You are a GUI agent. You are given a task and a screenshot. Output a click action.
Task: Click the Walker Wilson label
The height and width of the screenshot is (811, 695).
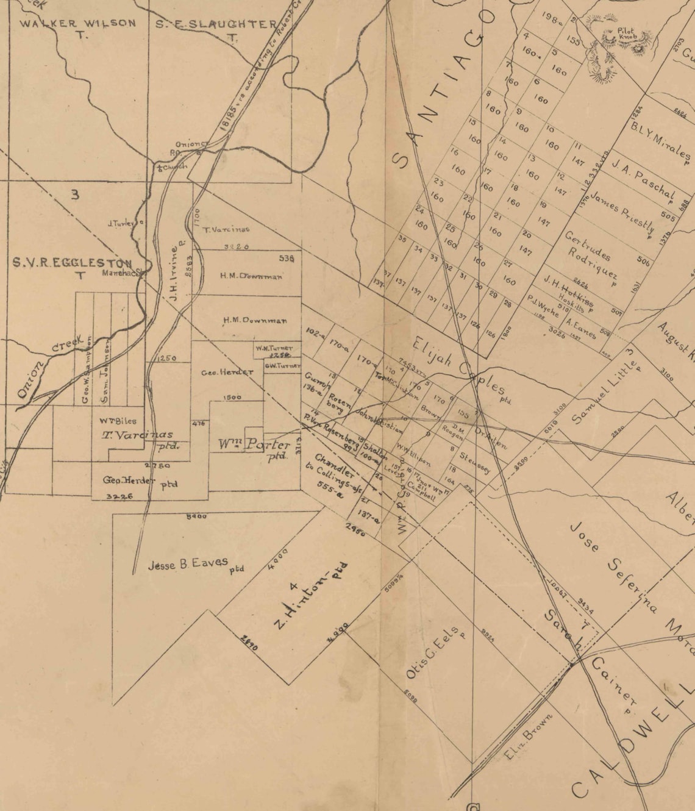pyautogui.click(x=77, y=24)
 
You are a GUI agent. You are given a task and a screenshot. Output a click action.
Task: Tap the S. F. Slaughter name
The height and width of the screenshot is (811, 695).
pyautogui.click(x=215, y=24)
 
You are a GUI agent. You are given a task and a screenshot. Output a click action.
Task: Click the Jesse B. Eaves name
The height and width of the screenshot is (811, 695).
pyautogui.click(x=188, y=564)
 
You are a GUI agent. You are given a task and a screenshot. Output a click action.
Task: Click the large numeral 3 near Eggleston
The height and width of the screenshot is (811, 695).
pyautogui.click(x=75, y=195)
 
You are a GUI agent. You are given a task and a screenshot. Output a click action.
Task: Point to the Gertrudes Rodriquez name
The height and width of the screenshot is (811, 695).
pyautogui.click(x=590, y=259)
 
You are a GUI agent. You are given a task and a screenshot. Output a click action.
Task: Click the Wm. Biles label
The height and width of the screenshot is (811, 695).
pyautogui.click(x=118, y=421)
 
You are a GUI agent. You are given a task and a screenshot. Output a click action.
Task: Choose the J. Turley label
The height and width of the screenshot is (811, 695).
pyautogui.click(x=123, y=223)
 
